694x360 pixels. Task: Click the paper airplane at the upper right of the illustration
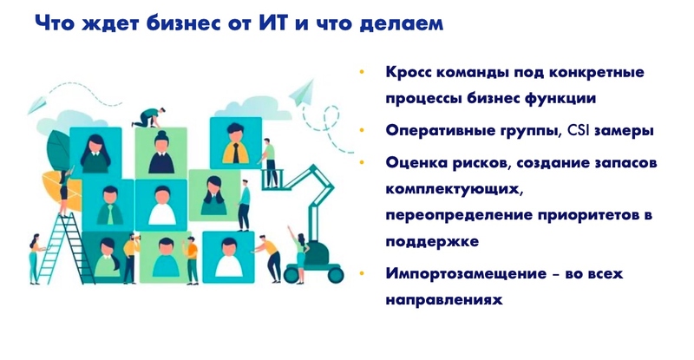pyautogui.click(x=303, y=89)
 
